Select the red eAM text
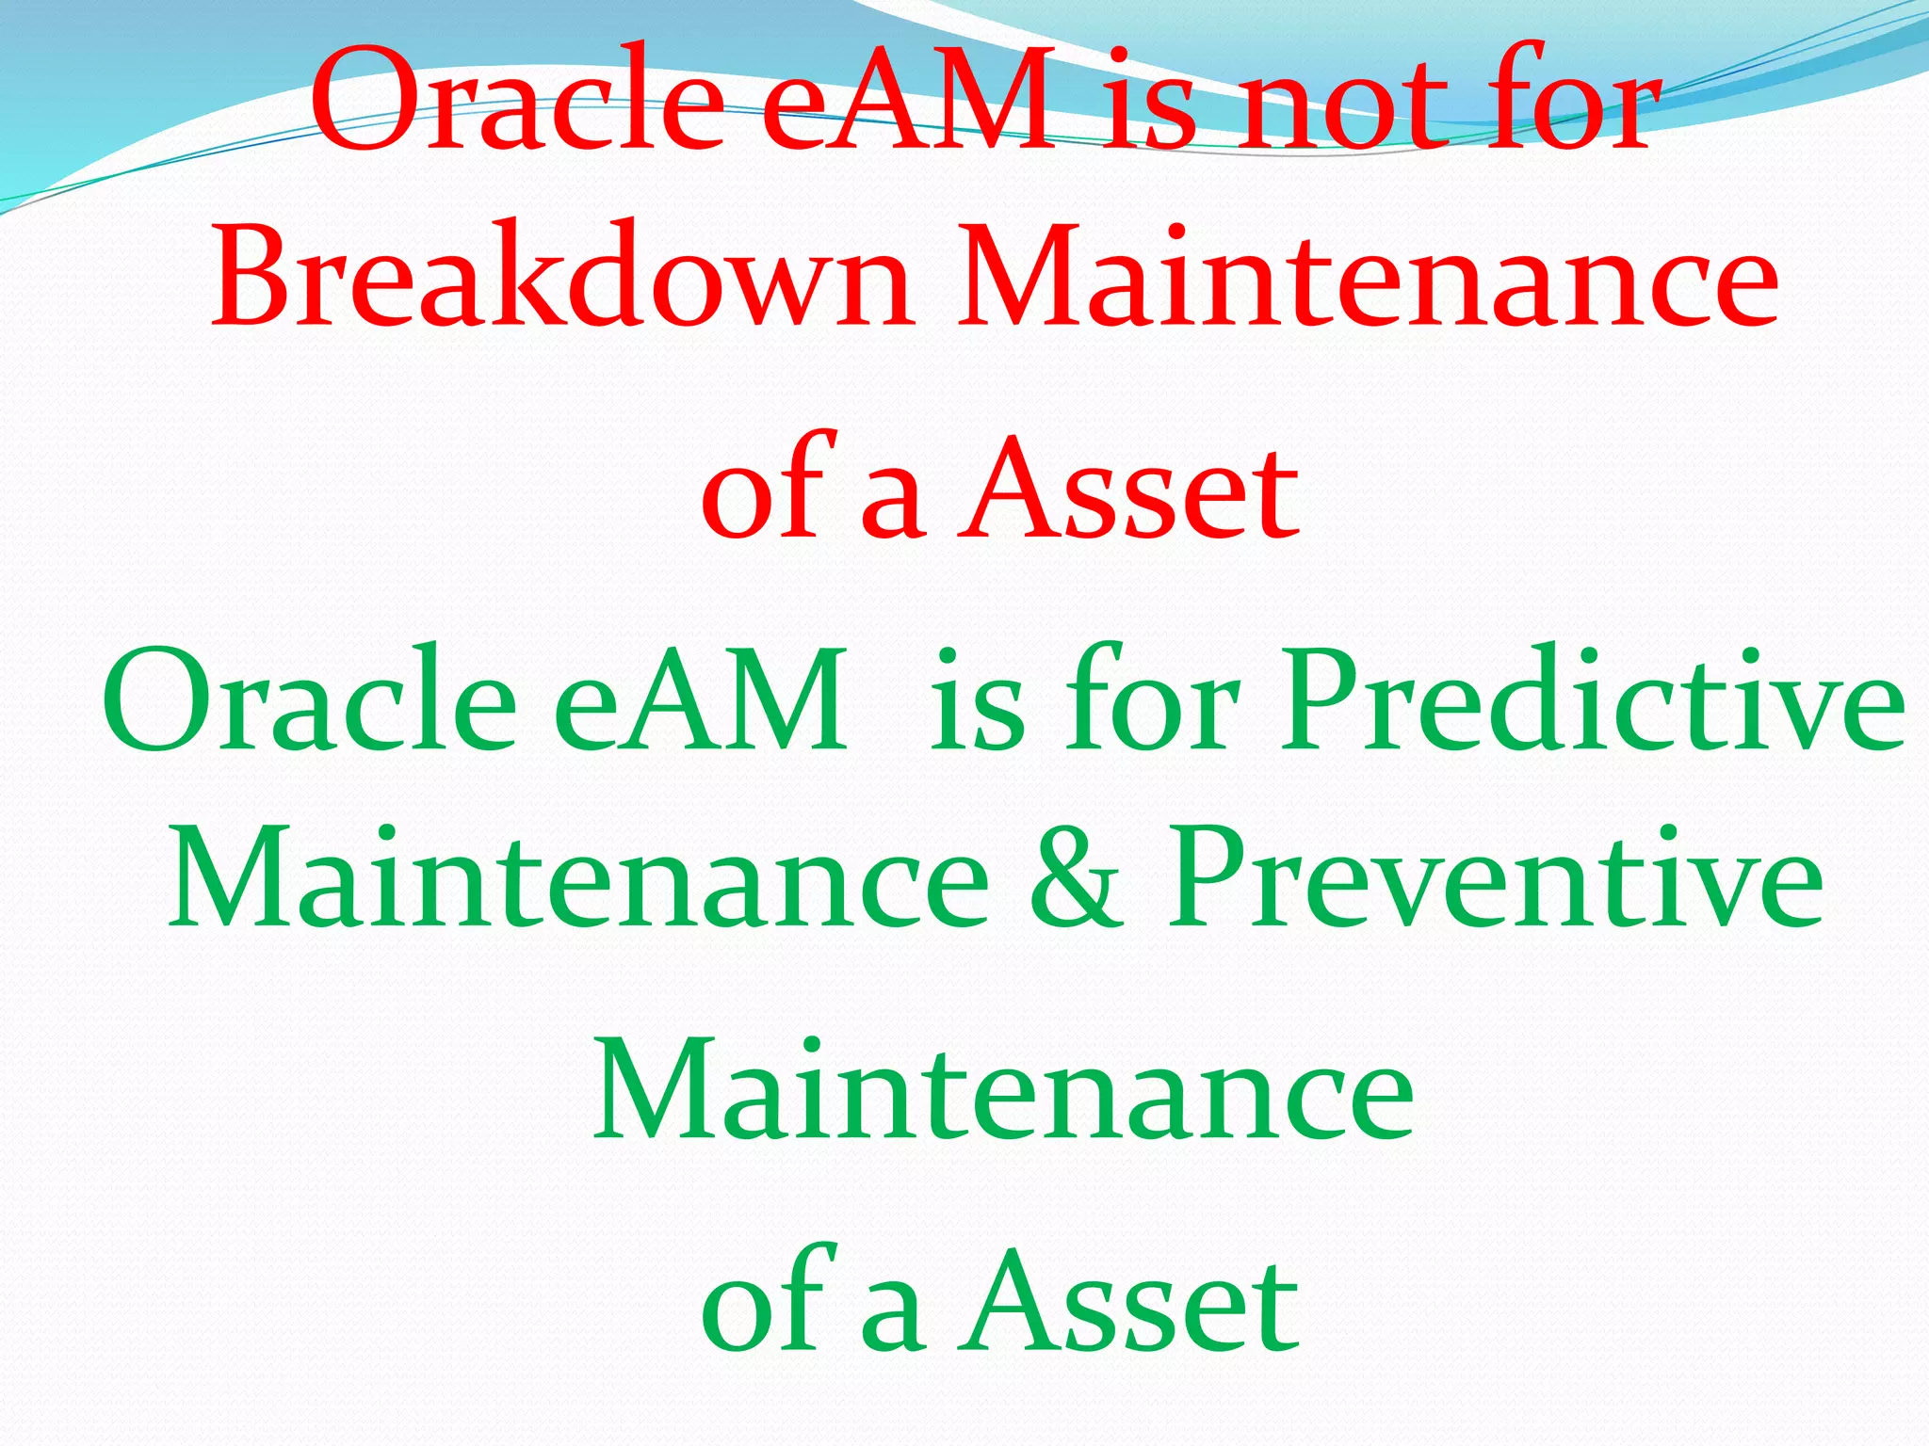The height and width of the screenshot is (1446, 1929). click(x=908, y=99)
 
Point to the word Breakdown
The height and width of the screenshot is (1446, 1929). click(x=561, y=278)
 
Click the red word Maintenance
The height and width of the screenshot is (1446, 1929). click(x=1367, y=278)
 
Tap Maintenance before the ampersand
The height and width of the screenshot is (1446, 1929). click(x=578, y=879)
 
